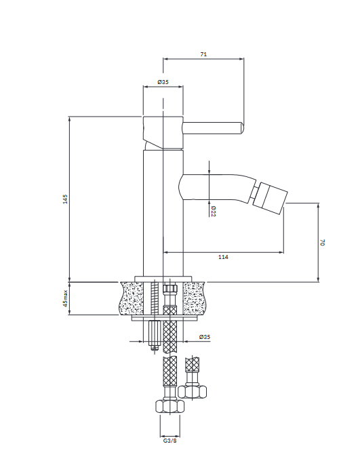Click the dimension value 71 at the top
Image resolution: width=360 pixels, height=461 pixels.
click(x=203, y=54)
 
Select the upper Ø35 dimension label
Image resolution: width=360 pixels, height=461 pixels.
click(x=163, y=82)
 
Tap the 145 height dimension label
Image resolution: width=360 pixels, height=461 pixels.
click(x=65, y=199)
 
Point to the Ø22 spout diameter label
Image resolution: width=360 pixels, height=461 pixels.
click(x=213, y=211)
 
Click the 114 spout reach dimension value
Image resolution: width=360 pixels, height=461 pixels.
click(x=223, y=257)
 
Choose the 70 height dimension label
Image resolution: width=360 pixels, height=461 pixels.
click(x=322, y=243)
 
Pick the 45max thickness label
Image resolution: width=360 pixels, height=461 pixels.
click(x=65, y=298)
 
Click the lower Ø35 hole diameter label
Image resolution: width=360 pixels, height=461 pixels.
click(x=205, y=337)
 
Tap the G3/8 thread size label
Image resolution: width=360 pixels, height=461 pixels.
click(x=170, y=441)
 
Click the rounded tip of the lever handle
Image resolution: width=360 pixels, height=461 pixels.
click(x=241, y=128)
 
